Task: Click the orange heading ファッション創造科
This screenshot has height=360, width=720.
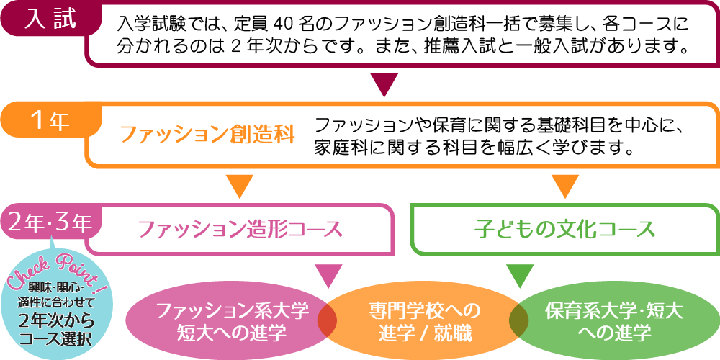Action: pos(207,135)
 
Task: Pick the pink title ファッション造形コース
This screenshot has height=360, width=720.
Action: pos(240,230)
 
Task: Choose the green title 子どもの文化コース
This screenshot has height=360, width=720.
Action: pos(565,230)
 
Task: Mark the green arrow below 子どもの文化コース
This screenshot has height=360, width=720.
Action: pos(519,275)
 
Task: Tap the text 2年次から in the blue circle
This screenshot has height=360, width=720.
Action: pos(55,321)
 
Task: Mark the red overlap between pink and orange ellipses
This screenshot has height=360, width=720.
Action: pos(328,318)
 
